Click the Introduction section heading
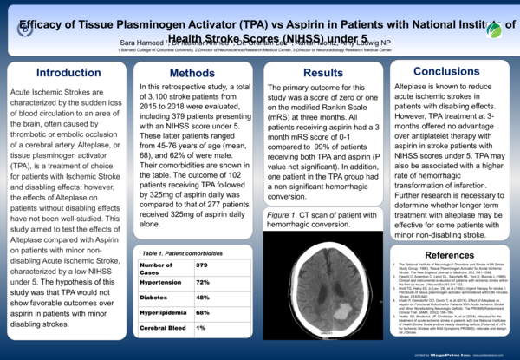pos(62,73)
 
